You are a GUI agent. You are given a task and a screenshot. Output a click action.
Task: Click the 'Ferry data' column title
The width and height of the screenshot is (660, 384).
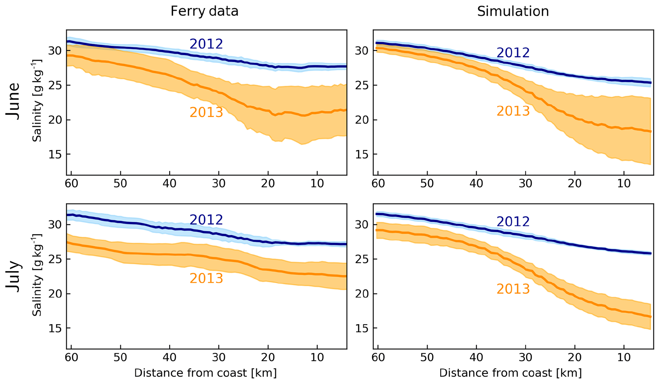204,12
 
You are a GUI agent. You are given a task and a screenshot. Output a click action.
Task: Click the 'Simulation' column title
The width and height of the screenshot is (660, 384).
513,12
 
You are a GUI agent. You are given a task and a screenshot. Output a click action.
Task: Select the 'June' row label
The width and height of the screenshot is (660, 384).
13,101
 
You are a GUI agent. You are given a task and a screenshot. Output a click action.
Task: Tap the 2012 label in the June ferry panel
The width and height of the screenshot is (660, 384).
206,44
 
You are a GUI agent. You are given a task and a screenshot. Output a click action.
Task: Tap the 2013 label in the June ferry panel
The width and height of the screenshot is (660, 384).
206,112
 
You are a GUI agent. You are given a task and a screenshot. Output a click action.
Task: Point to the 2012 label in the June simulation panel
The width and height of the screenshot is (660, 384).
513,53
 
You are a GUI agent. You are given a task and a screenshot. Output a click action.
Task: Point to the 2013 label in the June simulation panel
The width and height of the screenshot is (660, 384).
513,111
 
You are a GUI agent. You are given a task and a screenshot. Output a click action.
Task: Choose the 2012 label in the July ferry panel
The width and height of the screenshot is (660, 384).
206,220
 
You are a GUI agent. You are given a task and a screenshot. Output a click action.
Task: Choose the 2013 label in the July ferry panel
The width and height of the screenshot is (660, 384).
206,278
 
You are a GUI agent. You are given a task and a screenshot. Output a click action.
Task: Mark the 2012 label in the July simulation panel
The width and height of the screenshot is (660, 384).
513,222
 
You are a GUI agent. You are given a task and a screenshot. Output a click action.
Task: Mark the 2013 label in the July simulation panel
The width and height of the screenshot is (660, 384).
513,289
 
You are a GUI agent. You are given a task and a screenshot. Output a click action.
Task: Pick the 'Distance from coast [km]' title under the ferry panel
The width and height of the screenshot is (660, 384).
205,373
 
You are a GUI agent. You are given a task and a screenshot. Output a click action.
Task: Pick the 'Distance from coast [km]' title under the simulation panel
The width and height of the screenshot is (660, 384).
510,373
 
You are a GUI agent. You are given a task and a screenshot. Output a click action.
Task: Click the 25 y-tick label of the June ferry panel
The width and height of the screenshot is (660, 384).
55,85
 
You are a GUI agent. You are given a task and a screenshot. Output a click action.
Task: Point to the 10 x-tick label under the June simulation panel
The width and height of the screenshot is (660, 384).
624,184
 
